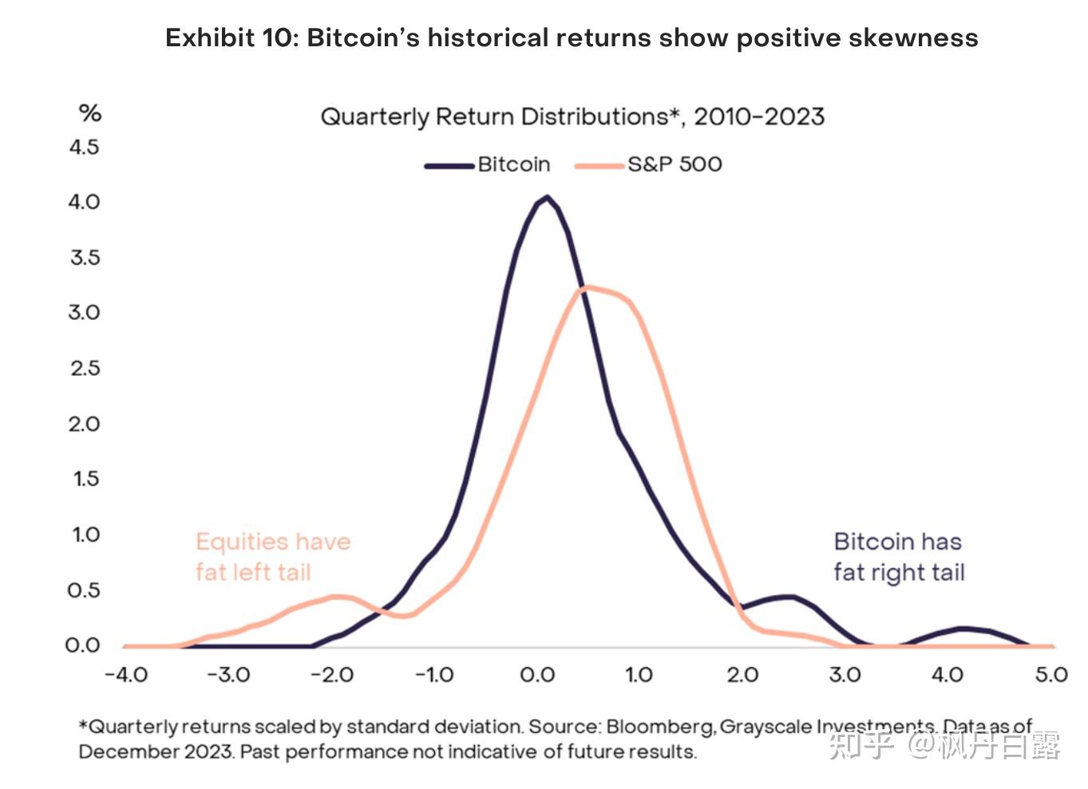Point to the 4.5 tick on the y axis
coord(85,147)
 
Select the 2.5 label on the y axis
coord(85,369)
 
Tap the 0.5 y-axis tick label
coord(85,590)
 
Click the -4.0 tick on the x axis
coord(126,675)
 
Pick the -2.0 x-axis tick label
coord(331,675)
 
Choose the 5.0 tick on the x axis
coord(1051,675)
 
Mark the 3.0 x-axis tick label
coord(845,675)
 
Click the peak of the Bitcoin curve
coord(547,196)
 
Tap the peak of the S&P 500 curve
coord(588,287)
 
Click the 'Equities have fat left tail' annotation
coord(272,557)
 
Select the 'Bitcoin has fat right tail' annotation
coord(899,557)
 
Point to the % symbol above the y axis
coord(90,113)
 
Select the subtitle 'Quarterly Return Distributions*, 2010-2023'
coord(572,117)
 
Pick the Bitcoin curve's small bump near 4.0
coord(963,629)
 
